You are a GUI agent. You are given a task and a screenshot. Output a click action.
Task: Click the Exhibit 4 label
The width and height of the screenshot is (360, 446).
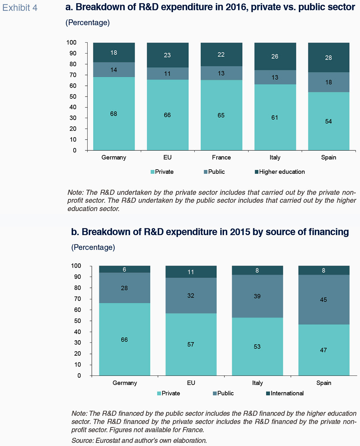[20, 8]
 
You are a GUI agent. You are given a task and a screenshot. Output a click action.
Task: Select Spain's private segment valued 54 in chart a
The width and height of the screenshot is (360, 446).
[329, 121]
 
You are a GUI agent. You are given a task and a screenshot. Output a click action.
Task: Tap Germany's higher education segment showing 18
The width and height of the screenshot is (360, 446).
[114, 53]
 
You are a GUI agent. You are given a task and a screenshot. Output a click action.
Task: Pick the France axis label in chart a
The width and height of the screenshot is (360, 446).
[221, 157]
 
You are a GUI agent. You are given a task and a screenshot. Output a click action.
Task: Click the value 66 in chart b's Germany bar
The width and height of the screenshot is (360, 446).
[124, 340]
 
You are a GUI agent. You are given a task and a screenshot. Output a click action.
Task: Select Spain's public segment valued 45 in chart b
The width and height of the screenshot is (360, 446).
[324, 300]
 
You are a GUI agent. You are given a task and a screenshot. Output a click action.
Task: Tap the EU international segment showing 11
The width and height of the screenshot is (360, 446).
[191, 272]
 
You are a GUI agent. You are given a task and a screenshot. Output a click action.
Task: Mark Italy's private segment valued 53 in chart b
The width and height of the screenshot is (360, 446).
[257, 346]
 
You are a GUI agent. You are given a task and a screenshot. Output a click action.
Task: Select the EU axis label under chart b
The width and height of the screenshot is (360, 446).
[191, 383]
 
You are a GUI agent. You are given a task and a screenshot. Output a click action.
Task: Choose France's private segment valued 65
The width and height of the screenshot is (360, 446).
[221, 115]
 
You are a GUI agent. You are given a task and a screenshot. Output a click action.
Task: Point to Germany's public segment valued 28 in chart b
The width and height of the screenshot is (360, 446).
[124, 288]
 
